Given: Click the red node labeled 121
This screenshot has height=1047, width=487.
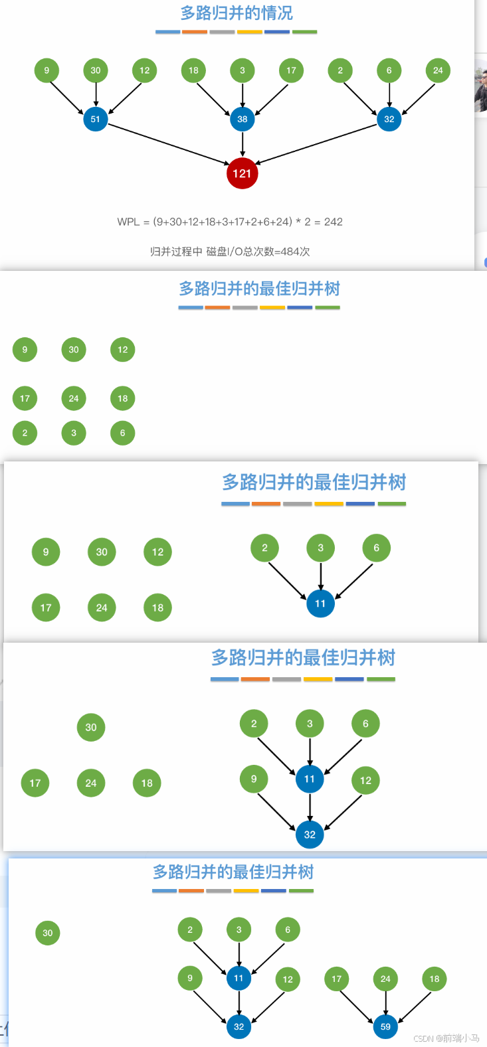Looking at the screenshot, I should pos(242,174).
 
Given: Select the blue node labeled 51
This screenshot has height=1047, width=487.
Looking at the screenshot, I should pos(96,120).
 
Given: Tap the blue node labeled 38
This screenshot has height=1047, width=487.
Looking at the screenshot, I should pos(243,120).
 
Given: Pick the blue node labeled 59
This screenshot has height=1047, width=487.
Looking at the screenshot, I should pos(385,1026).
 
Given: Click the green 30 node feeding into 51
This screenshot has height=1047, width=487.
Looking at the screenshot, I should pos(96,70).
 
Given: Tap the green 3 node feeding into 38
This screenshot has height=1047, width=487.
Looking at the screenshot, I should pos(243,70).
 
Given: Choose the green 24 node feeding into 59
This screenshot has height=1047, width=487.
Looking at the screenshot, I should pos(385,979).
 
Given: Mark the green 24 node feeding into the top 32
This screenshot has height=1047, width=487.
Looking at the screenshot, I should pos(438,70).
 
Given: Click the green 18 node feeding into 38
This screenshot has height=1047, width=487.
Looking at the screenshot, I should pos(193,70).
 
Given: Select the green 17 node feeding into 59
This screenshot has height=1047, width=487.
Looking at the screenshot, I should pos(337,979).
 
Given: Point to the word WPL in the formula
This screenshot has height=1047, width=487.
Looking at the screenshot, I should pos(128,222).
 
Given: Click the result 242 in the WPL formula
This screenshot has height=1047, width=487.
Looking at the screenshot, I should pos(334,222).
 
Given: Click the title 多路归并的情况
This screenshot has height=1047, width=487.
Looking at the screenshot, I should pos(237,13).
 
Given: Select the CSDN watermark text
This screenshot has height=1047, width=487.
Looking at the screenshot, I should pos(446,1038).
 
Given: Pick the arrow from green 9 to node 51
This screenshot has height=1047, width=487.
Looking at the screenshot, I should pos(66,97).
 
